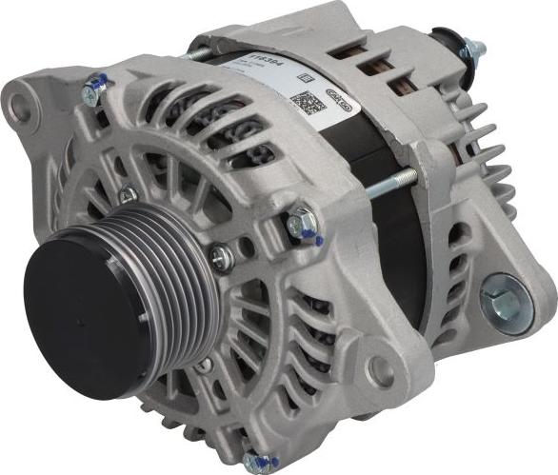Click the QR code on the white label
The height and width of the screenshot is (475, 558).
[303, 102]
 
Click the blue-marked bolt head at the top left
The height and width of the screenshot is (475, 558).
[92, 93]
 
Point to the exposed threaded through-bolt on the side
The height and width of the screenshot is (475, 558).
[390, 183]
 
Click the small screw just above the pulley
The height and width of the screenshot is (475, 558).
[127, 195]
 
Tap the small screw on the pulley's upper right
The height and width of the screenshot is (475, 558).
[221, 255]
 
